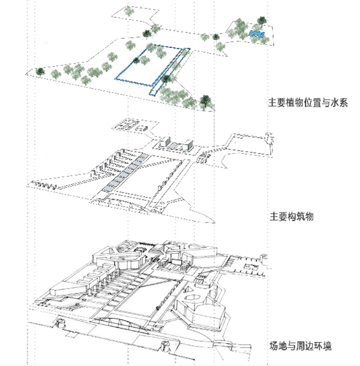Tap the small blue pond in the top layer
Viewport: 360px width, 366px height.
click(x=256, y=34)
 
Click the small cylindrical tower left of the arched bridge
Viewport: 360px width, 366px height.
click(x=59, y=324)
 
